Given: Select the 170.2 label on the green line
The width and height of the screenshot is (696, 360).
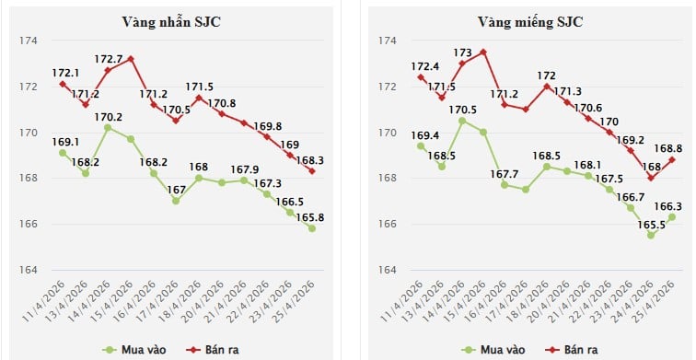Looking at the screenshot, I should click(x=110, y=117).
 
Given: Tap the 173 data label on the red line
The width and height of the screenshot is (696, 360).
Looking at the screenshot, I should click(x=462, y=52).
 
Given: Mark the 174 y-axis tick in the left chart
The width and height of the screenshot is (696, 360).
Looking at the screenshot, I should click(x=28, y=41).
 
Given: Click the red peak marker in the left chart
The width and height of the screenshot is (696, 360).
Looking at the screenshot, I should click(x=132, y=59).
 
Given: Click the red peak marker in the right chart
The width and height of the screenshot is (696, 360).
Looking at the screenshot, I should click(x=484, y=52).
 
